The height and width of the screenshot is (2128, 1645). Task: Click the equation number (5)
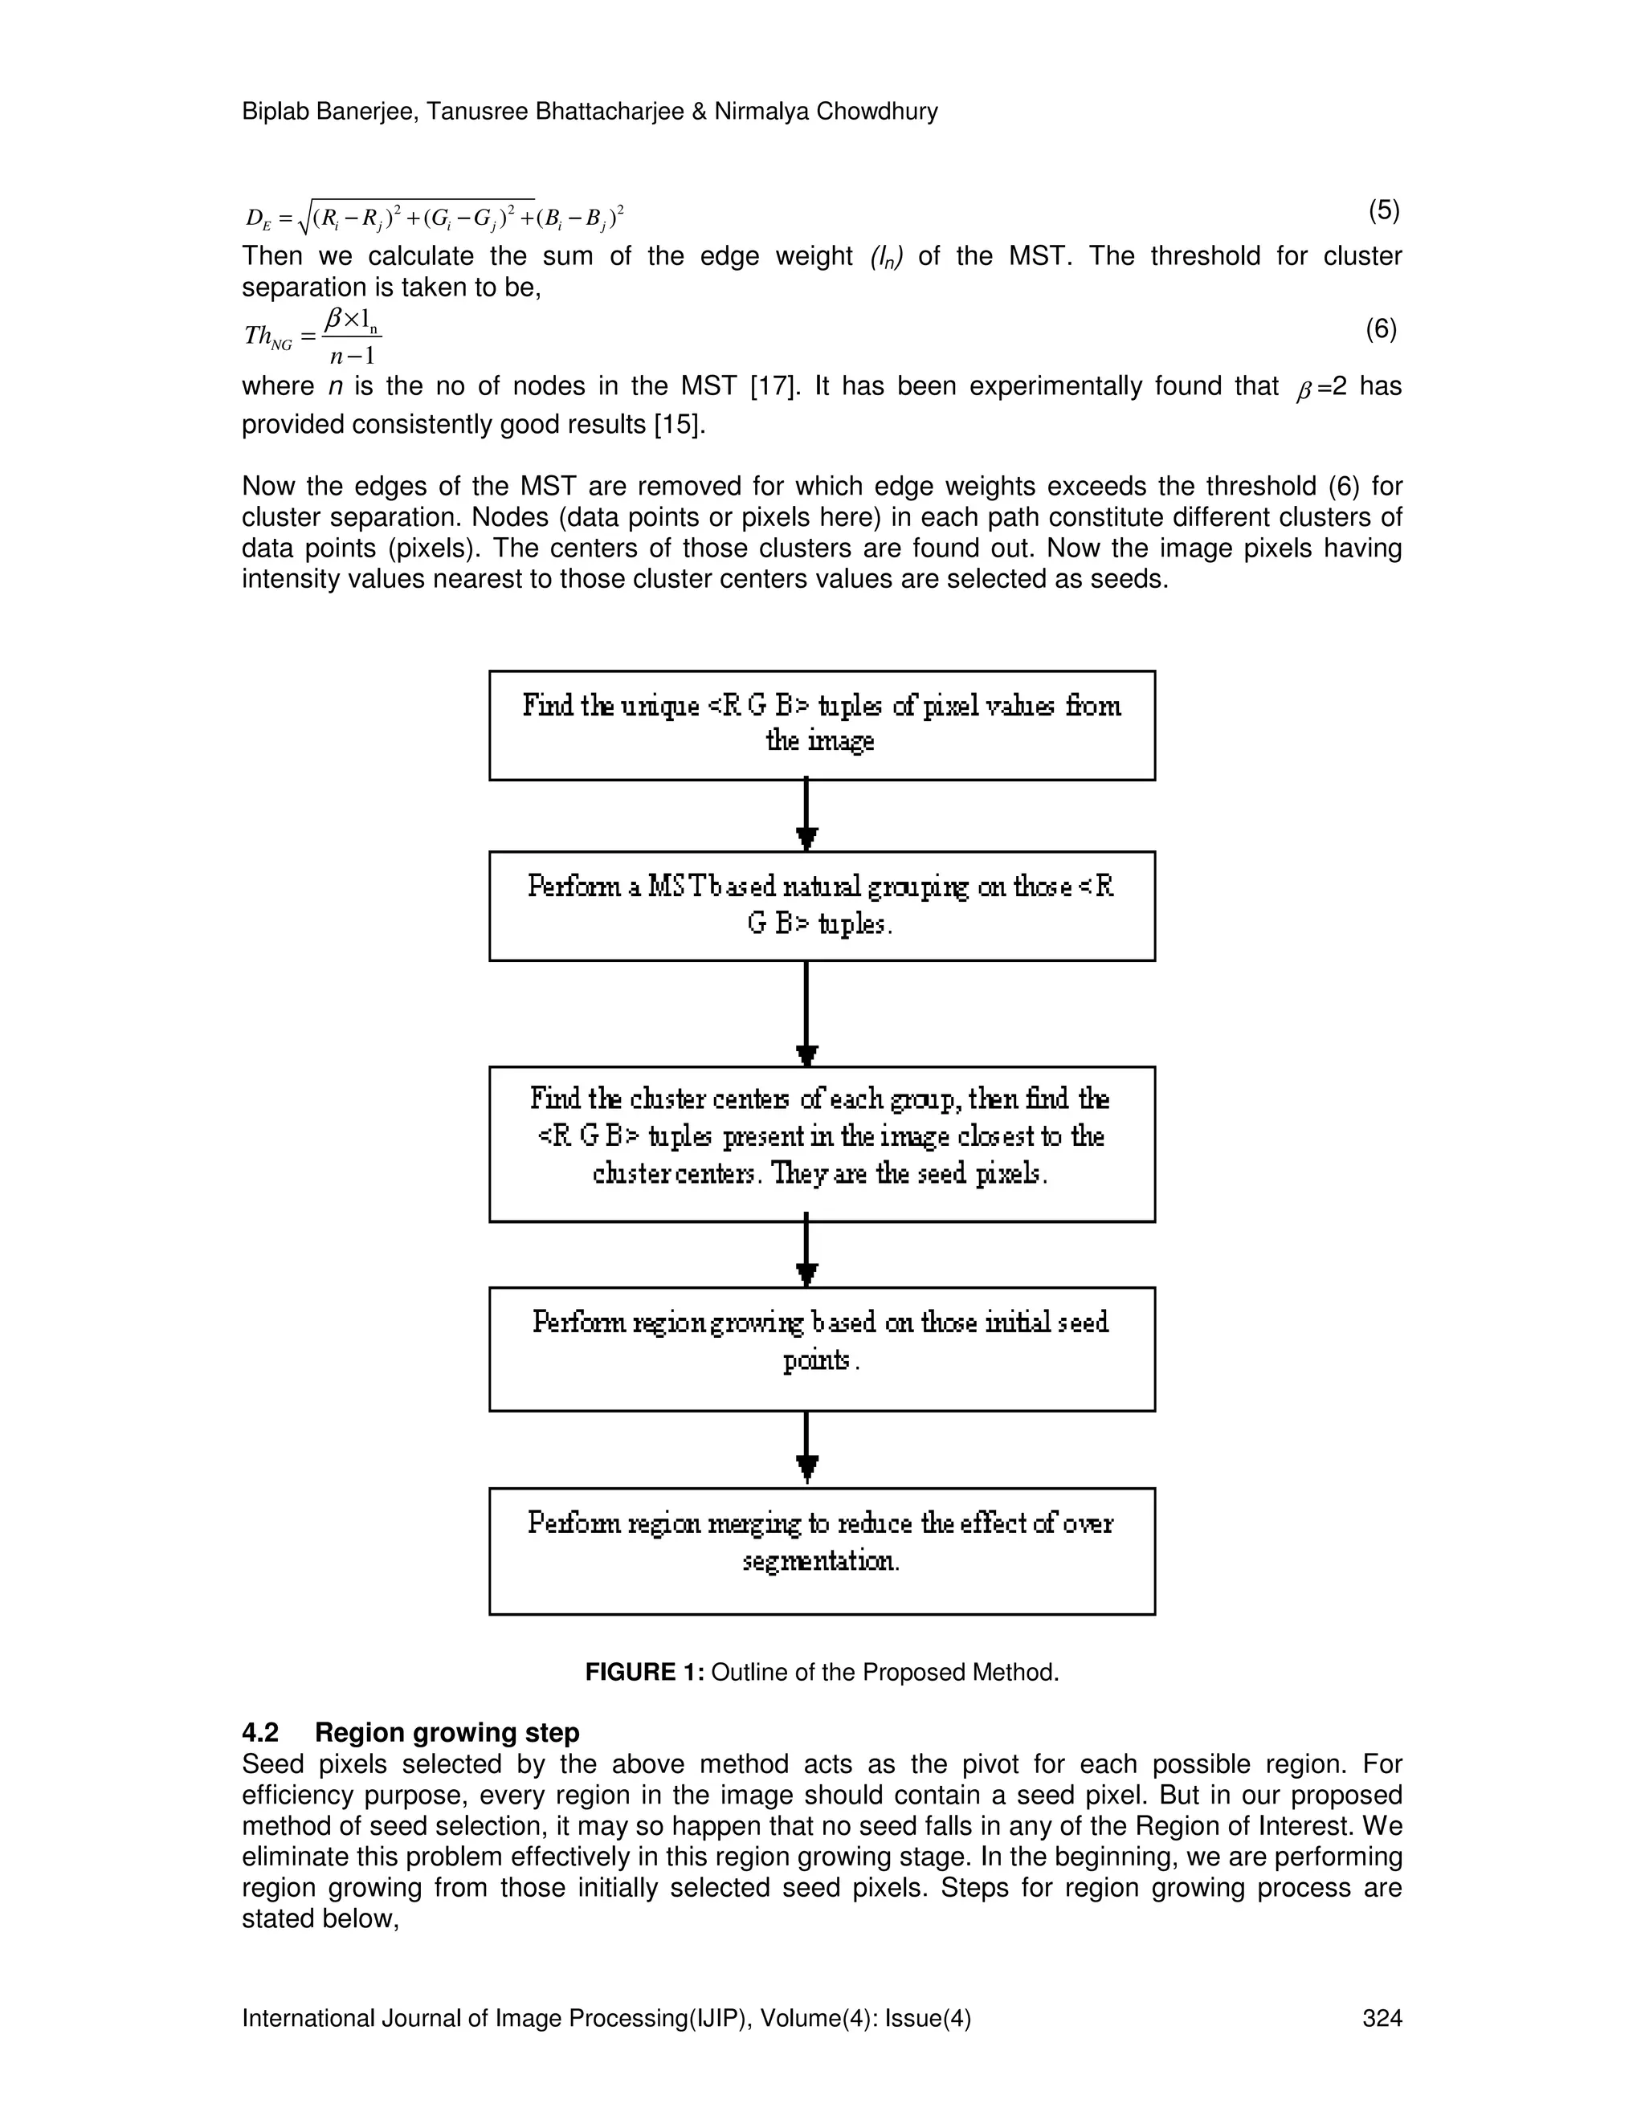coord(1383,210)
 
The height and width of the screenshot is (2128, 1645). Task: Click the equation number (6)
coord(1381,330)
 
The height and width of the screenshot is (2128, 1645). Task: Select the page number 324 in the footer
coord(1381,2018)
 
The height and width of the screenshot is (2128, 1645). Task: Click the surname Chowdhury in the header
coord(876,112)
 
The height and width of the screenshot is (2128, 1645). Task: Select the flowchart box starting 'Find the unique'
coord(822,725)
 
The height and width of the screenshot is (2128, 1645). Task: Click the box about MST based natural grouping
coord(822,905)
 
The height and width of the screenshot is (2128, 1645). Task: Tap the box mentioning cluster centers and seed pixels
coord(822,1143)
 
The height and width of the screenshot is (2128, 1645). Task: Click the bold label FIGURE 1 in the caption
coord(644,1673)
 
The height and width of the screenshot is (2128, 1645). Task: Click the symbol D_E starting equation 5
coord(259,219)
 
